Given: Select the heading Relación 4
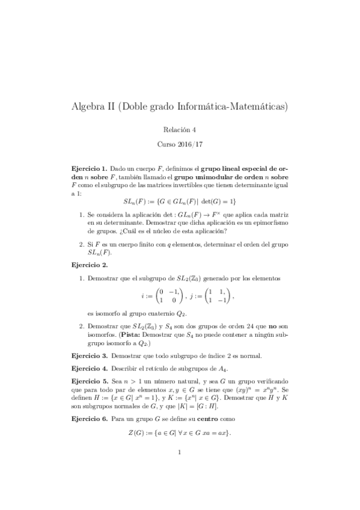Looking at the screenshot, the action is point(180,129).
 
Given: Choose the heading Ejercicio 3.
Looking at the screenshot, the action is point(89,355).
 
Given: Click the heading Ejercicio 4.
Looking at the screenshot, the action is point(89,367).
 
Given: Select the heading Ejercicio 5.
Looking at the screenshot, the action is point(89,380).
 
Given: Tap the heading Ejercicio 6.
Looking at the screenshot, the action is point(89,418).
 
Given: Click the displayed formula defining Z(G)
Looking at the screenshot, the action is point(180,433).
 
